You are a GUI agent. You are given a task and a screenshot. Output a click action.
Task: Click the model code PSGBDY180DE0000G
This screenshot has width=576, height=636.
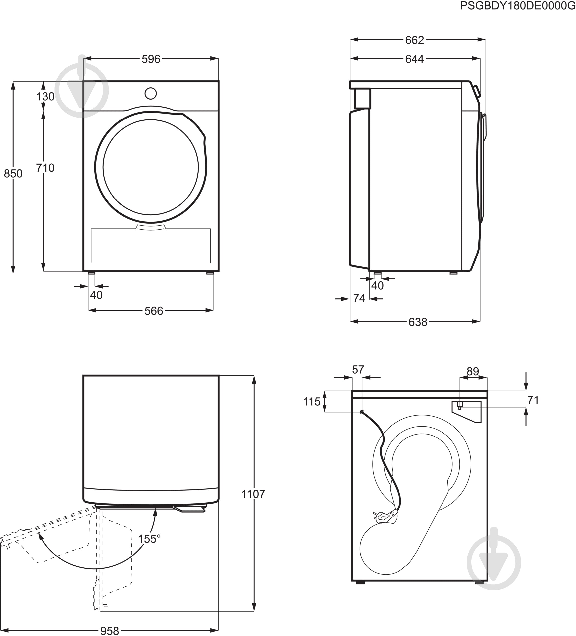click(517, 6)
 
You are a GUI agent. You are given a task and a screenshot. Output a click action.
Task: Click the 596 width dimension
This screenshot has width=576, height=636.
click(151, 59)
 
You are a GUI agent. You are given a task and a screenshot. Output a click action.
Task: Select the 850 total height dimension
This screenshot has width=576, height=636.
click(13, 173)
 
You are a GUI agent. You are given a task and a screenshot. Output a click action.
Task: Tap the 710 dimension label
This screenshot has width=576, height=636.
click(45, 168)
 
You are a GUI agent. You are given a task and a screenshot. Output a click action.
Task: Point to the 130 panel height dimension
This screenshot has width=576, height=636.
click(45, 96)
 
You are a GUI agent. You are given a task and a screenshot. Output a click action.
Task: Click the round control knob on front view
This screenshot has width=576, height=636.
click(151, 93)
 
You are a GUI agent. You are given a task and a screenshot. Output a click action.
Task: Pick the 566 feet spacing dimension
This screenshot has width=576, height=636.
click(154, 311)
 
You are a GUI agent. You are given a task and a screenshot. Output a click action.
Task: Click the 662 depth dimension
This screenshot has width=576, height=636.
click(414, 40)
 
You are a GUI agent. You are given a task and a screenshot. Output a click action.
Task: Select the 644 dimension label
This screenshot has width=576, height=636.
click(414, 59)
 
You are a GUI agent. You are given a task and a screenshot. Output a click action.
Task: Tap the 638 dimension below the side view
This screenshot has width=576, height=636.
click(418, 322)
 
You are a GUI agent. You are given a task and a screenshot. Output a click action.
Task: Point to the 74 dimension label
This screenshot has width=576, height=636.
click(359, 298)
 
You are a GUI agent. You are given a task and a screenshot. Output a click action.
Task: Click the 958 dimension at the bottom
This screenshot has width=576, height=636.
click(110, 631)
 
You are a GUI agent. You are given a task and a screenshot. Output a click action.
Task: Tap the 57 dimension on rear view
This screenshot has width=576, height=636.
click(358, 369)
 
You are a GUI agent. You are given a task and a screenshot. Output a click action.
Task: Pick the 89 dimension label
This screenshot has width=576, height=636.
click(473, 371)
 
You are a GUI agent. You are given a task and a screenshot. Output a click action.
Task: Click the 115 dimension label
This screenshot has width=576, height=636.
click(312, 402)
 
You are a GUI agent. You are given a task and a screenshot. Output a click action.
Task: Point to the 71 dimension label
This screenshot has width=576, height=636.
click(533, 400)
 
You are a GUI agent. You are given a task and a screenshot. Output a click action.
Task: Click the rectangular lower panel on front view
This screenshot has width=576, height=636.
click(151, 246)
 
